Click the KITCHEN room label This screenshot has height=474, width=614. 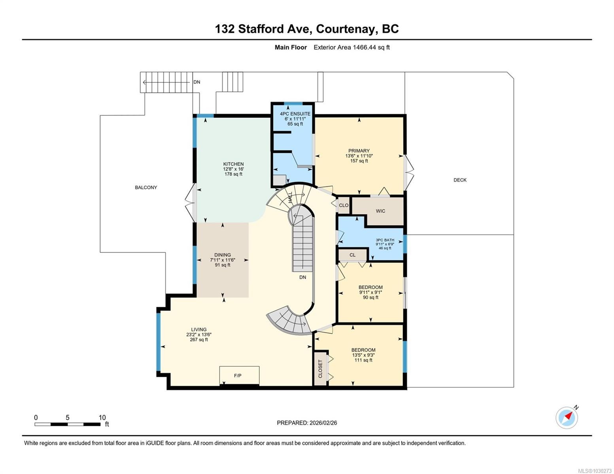pyautogui.click(x=233, y=164)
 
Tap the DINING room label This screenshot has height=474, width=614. pyautogui.click(x=222, y=255)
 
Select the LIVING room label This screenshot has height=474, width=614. pyautogui.click(x=198, y=329)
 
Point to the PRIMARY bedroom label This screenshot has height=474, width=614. pyautogui.click(x=359, y=150)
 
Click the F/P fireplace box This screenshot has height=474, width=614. pyautogui.click(x=239, y=375)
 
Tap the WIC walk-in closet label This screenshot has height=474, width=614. pyautogui.click(x=380, y=211)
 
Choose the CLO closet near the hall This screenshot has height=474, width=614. pyautogui.click(x=343, y=205)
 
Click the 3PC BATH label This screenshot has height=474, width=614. pyautogui.click(x=385, y=240)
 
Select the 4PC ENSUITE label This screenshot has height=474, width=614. pyautogui.click(x=295, y=113)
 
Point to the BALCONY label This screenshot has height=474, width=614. pyautogui.click(x=146, y=187)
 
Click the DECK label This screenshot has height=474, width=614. pyautogui.click(x=460, y=180)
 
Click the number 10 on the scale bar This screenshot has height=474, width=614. pyautogui.click(x=102, y=417)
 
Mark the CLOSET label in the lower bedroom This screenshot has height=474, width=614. pyautogui.click(x=320, y=369)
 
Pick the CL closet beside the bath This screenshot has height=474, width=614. pyautogui.click(x=352, y=255)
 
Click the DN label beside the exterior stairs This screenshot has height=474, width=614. pyautogui.click(x=196, y=82)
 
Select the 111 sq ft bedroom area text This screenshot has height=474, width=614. pyautogui.click(x=363, y=360)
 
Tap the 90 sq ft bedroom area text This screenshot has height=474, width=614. pyautogui.click(x=370, y=297)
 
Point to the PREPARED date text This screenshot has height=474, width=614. pyautogui.click(x=306, y=423)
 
